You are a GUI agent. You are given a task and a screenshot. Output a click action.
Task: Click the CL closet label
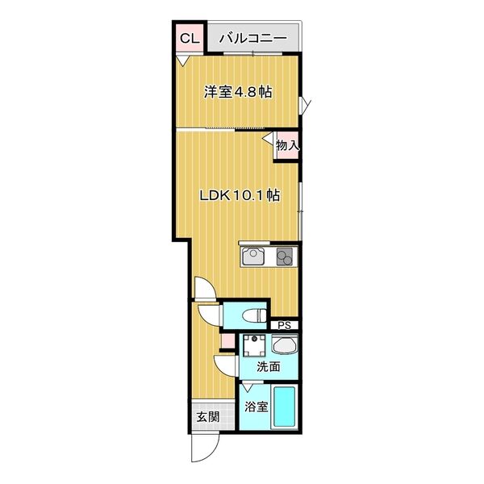(x=188, y=38)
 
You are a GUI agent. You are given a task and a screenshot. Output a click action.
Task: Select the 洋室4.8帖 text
(x=236, y=92)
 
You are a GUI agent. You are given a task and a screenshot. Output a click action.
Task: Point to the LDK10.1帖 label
(x=240, y=194)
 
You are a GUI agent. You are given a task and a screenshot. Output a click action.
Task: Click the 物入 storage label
(x=288, y=146)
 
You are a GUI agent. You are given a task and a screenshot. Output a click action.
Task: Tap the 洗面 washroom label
(x=269, y=367)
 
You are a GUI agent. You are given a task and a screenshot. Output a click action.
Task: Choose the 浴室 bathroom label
(x=256, y=407)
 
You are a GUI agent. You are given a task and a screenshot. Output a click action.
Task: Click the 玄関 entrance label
(x=207, y=417)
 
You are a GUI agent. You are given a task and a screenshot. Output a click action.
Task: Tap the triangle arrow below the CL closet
(x=183, y=61)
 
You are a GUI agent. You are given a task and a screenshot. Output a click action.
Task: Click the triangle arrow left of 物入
(x=266, y=139)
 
